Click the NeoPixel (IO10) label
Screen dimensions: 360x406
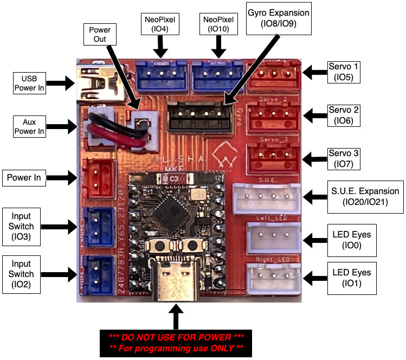[x=218, y=25]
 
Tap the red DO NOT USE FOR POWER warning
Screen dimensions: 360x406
[x=175, y=343]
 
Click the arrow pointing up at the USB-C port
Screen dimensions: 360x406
[x=175, y=316]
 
